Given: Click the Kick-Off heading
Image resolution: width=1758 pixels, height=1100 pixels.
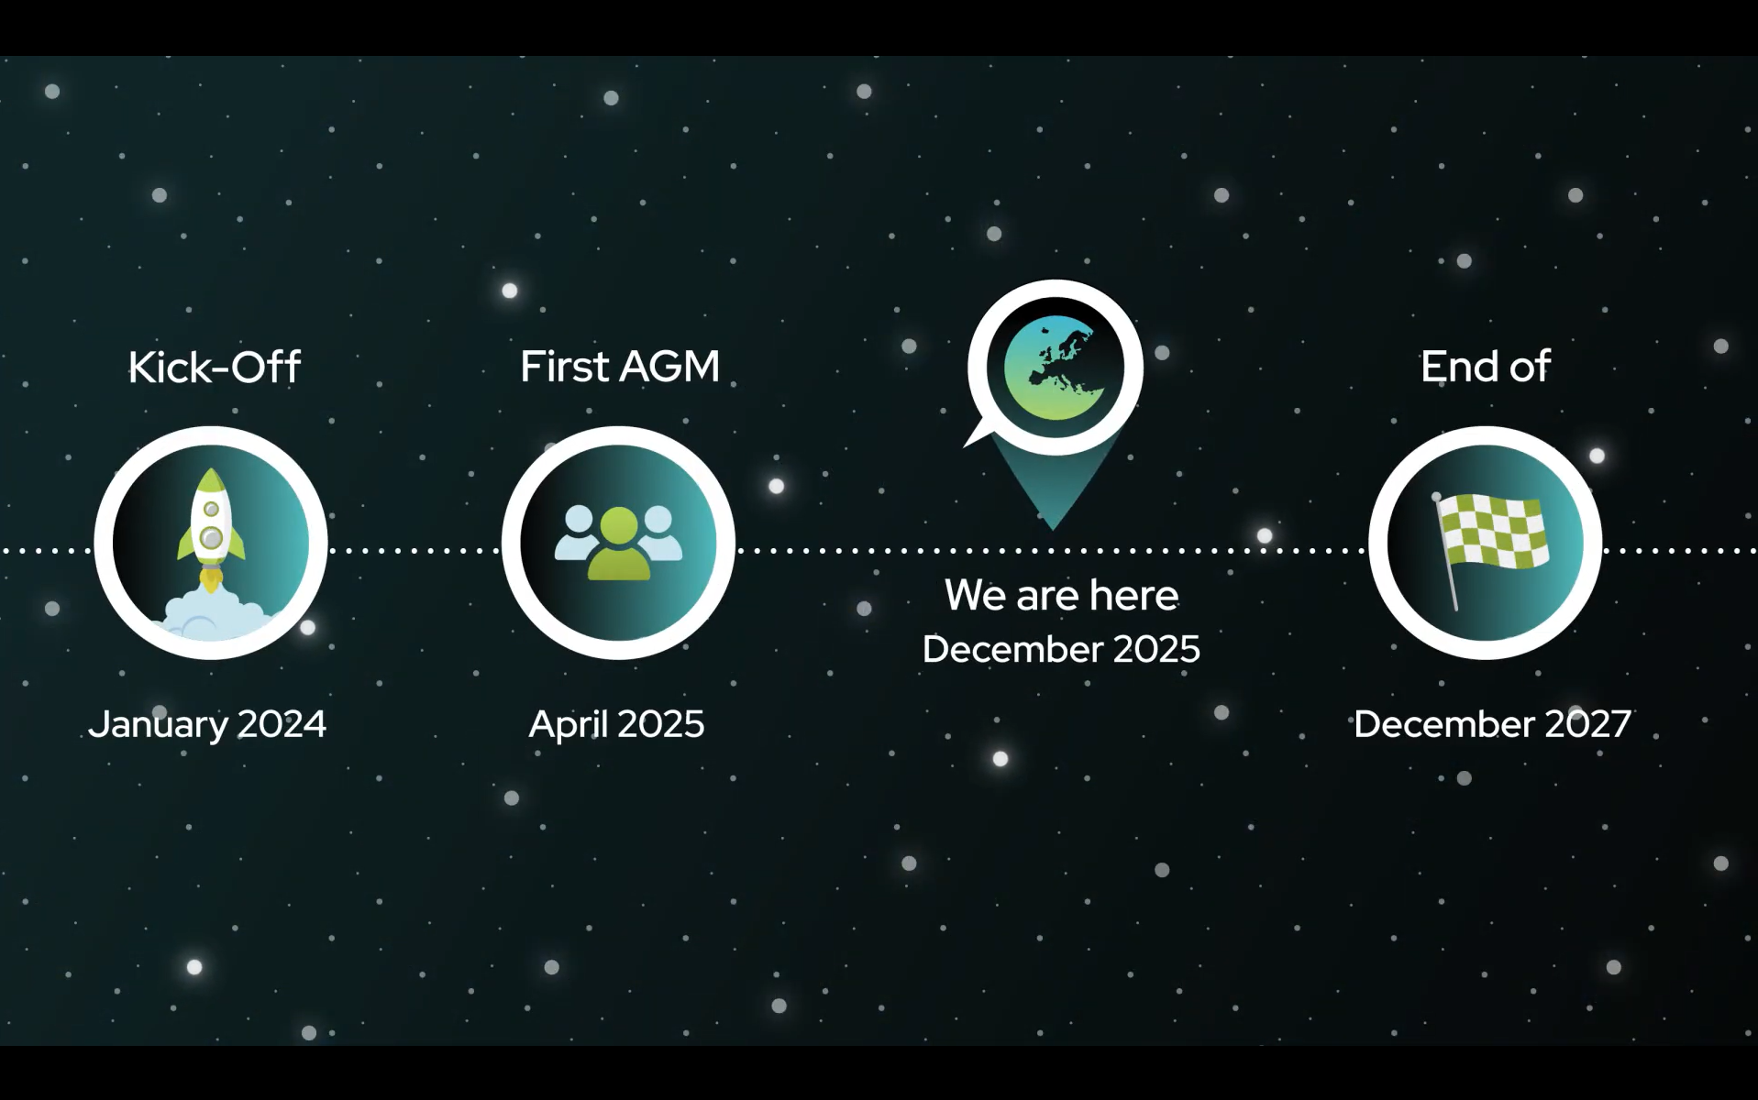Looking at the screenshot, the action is pos(214,367).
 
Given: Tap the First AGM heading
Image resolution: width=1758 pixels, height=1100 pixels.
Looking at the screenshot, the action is pos(620,367).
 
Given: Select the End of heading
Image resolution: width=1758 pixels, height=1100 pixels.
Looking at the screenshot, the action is pos(1486,367).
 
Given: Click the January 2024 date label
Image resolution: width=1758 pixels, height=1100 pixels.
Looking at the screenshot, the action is pos(207,724).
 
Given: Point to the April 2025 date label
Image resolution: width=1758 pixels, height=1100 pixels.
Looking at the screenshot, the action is pos(616,724).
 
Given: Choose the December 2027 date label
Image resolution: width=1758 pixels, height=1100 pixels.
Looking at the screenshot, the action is pos(1492,724).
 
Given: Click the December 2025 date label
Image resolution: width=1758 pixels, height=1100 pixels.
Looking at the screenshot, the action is pos(1061,649).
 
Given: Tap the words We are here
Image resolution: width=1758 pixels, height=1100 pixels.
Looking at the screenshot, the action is pos(1061,595).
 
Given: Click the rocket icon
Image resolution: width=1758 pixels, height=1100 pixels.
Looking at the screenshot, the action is pos(211,527).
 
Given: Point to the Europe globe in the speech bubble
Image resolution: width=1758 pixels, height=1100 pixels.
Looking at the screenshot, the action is pos(1056,368).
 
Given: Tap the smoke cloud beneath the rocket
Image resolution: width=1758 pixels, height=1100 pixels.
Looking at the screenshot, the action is pos(213,615).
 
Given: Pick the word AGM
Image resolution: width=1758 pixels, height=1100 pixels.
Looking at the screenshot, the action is pos(669,367).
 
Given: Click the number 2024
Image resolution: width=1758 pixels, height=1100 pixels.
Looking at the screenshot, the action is pos(282,724).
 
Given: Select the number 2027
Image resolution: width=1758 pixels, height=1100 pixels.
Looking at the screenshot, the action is pos(1587,724).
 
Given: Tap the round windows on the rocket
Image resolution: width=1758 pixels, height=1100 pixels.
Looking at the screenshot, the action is pos(211,525).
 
